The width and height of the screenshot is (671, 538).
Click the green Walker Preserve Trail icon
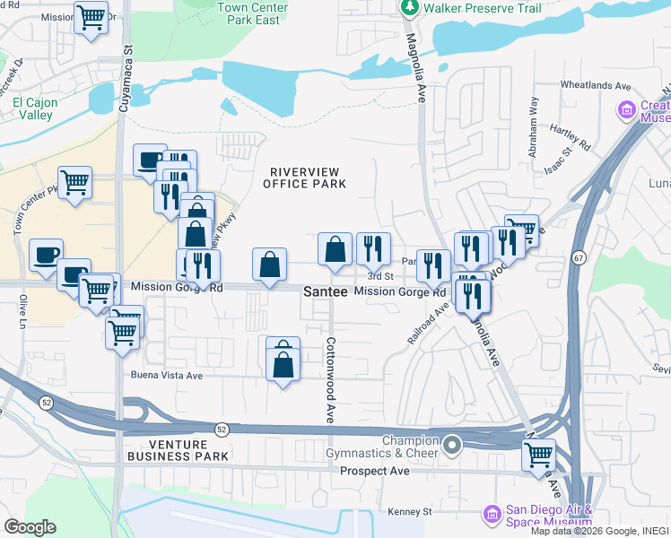(409, 8)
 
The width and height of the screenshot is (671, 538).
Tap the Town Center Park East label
(253, 13)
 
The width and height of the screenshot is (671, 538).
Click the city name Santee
(324, 292)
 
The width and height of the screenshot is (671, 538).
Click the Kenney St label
(410, 512)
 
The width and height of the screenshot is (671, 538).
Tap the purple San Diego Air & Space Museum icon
(492, 514)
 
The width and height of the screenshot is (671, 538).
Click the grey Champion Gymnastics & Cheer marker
(453, 445)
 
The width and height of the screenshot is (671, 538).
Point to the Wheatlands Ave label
(596, 86)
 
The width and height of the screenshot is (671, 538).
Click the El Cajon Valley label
(35, 108)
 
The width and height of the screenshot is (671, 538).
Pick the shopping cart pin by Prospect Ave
(538, 455)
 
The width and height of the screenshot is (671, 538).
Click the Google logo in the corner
(30, 527)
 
